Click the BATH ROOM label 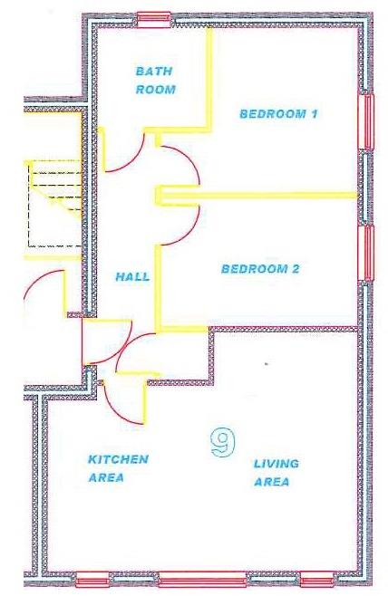[156, 80]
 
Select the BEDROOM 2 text [261, 269]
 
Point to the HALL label [132, 277]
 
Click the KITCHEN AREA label [118, 468]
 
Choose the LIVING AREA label [276, 473]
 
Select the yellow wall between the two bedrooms [263, 194]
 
